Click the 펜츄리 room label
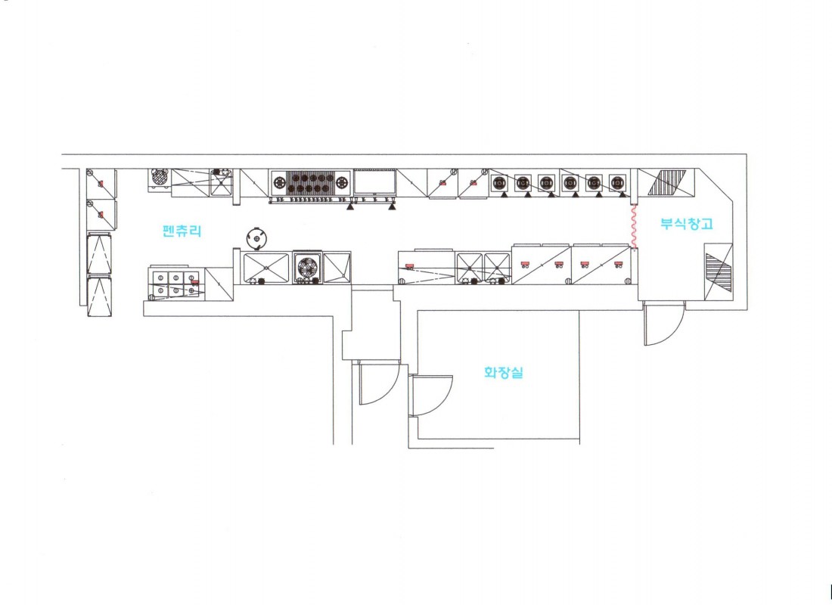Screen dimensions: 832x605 [x=182, y=231]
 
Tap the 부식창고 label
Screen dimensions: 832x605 [x=687, y=223]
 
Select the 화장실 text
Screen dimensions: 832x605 [x=504, y=372]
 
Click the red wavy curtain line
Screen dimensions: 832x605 [x=633, y=227]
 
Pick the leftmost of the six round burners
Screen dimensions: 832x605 [x=499, y=183]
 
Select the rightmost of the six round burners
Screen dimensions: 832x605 [x=617, y=183]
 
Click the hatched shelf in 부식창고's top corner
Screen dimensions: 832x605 [x=666, y=182]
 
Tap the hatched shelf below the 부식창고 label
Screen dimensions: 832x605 [x=719, y=272]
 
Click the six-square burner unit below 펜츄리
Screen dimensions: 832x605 [x=176, y=284]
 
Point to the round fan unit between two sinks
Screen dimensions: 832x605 [x=308, y=267]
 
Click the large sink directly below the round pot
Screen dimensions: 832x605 [x=265, y=268]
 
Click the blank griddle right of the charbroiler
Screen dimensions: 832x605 [x=375, y=182]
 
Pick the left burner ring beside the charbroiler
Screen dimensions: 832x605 [x=279, y=184]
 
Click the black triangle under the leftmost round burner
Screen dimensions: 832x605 [x=503, y=195]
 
